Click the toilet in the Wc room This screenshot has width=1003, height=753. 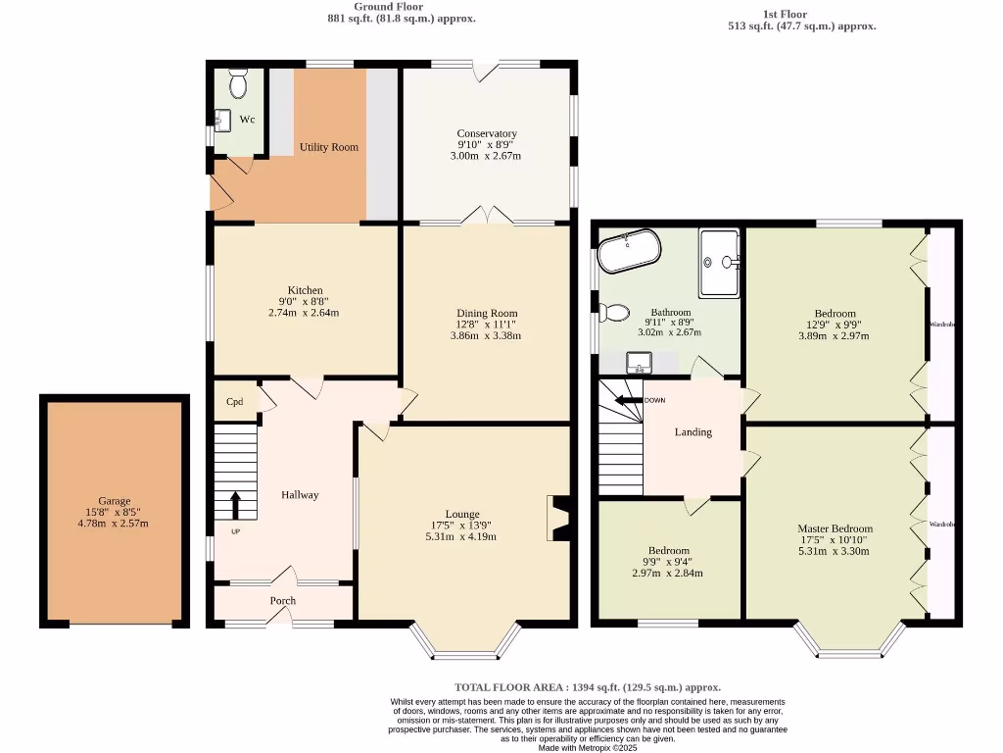(x=237, y=84)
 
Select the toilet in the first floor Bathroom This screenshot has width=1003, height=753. (x=614, y=313)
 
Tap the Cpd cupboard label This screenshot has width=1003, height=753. (x=235, y=401)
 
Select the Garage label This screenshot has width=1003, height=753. (x=114, y=501)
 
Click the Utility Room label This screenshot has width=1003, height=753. (x=328, y=147)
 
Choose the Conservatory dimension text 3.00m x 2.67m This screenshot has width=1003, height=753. (x=486, y=156)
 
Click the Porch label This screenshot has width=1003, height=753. (x=283, y=601)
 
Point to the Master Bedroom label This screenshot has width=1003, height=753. (x=835, y=528)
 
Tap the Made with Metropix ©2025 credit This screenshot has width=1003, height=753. (x=588, y=747)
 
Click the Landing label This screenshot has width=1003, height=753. (x=693, y=431)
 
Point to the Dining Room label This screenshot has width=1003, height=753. (x=486, y=313)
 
